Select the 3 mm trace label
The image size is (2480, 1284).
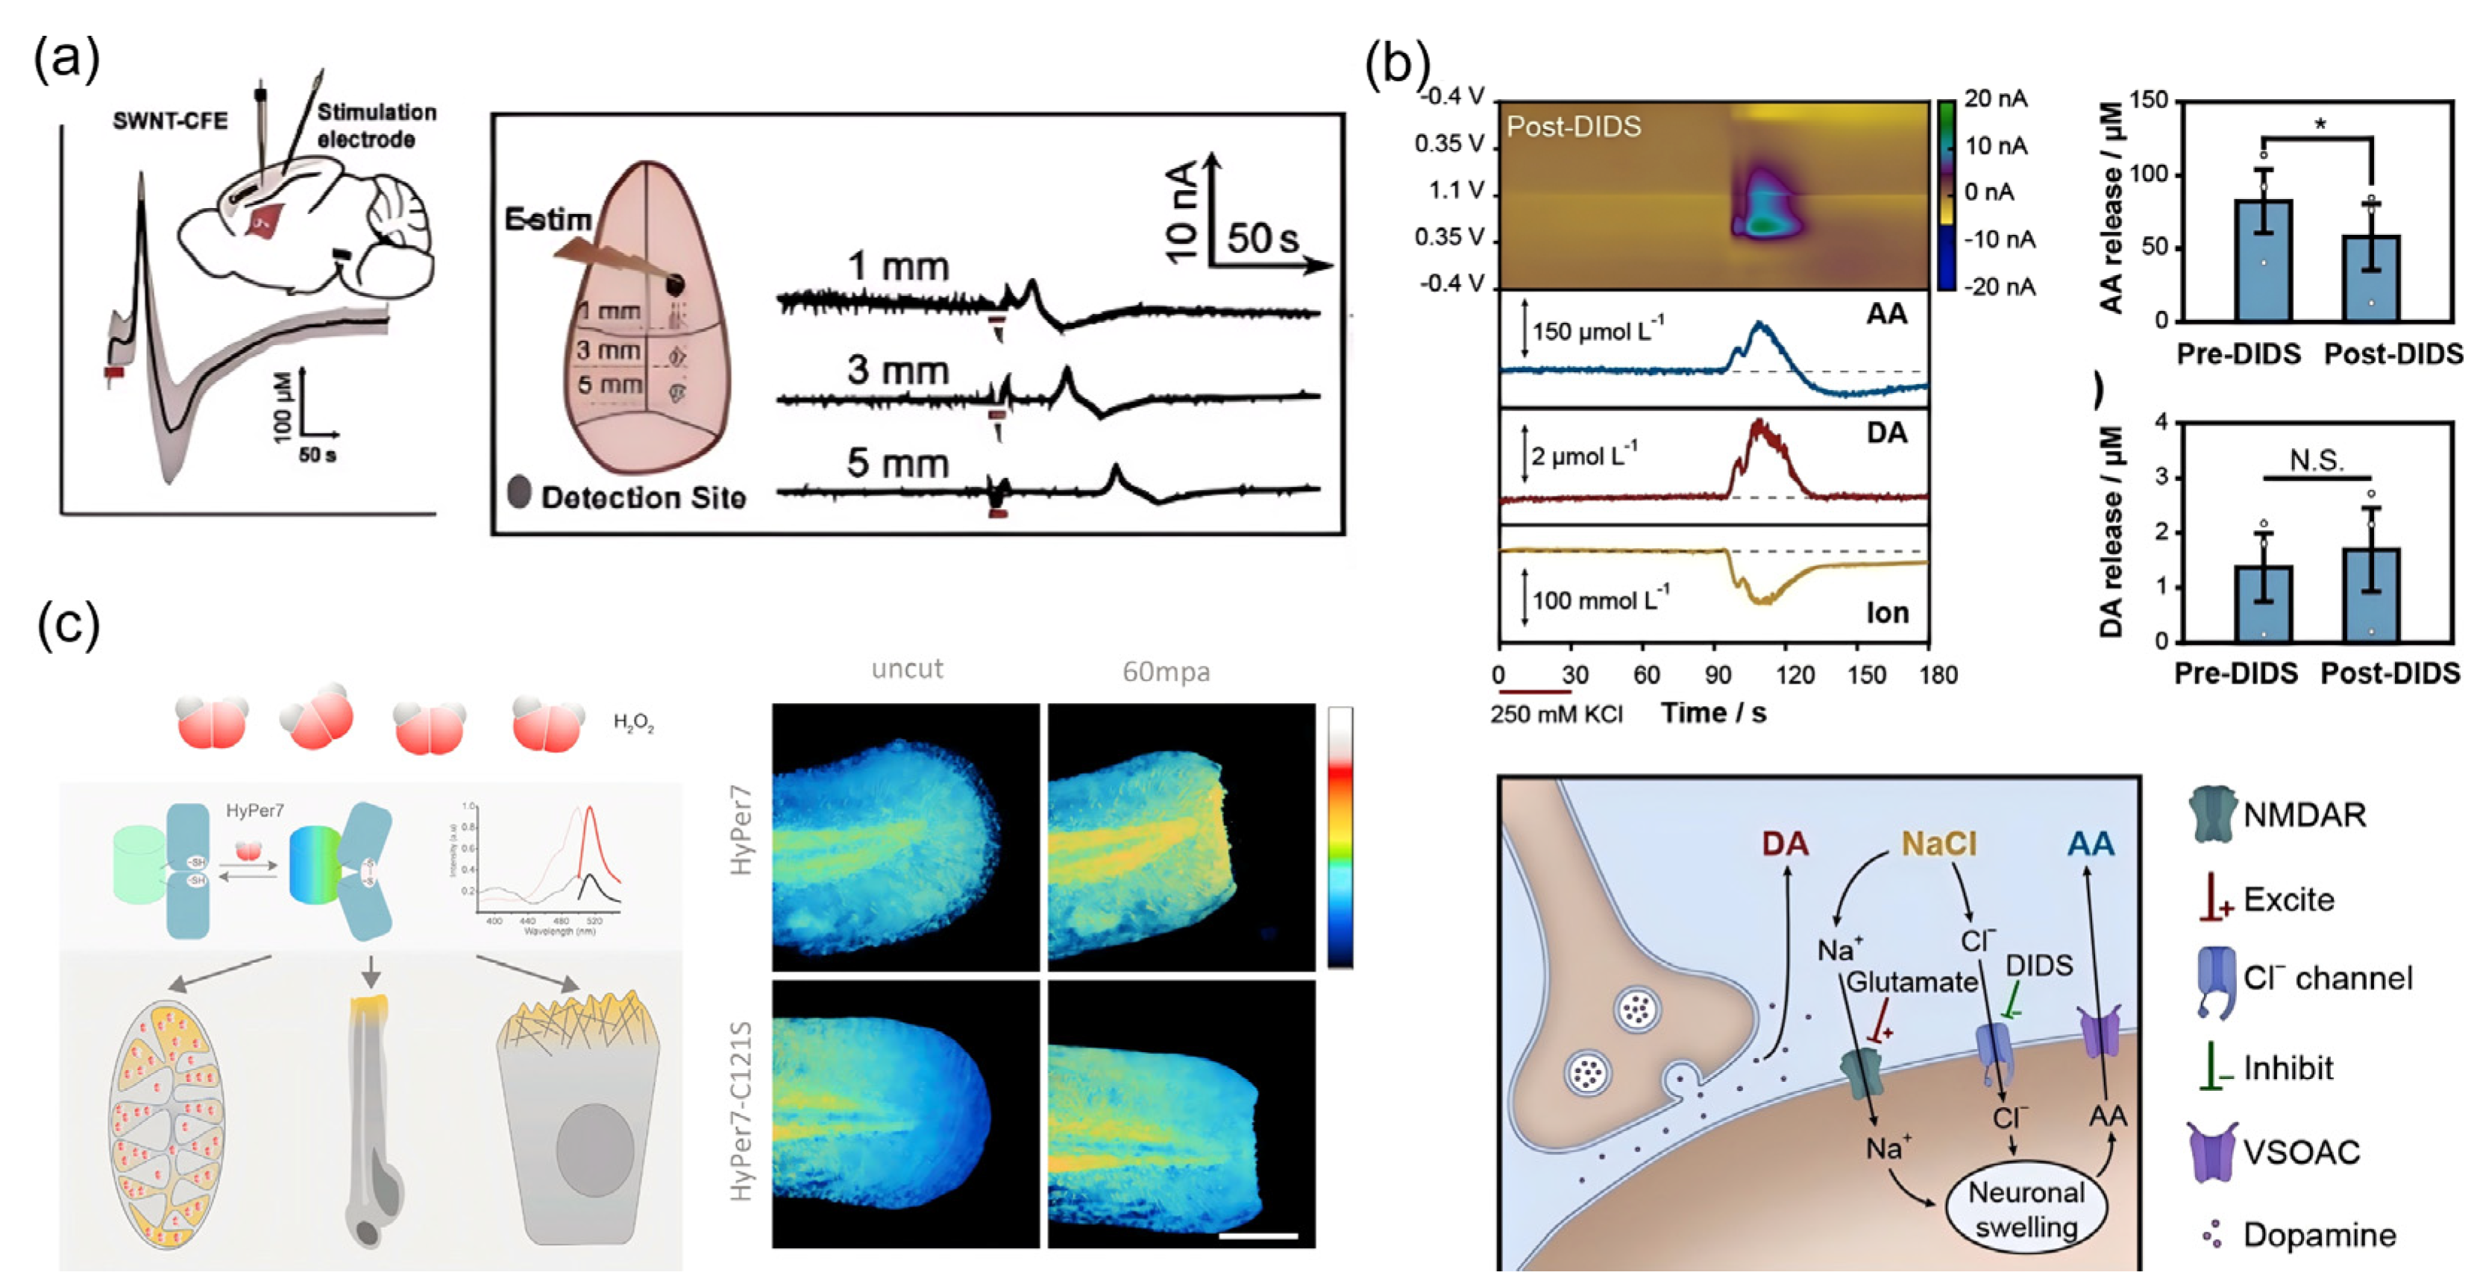897,371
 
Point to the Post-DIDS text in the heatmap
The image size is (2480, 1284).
1573,126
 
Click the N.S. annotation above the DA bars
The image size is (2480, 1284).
2317,460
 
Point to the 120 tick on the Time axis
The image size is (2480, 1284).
1795,675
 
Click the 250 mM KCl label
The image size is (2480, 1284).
1556,714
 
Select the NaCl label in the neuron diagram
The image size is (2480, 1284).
1938,843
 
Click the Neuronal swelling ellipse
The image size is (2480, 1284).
2026,1209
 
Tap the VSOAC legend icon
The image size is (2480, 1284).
2211,1151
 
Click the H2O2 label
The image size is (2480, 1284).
633,722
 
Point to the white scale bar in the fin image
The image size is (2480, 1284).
1258,1235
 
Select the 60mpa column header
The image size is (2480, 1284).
1166,671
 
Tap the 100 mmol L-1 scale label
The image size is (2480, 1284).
1600,599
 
